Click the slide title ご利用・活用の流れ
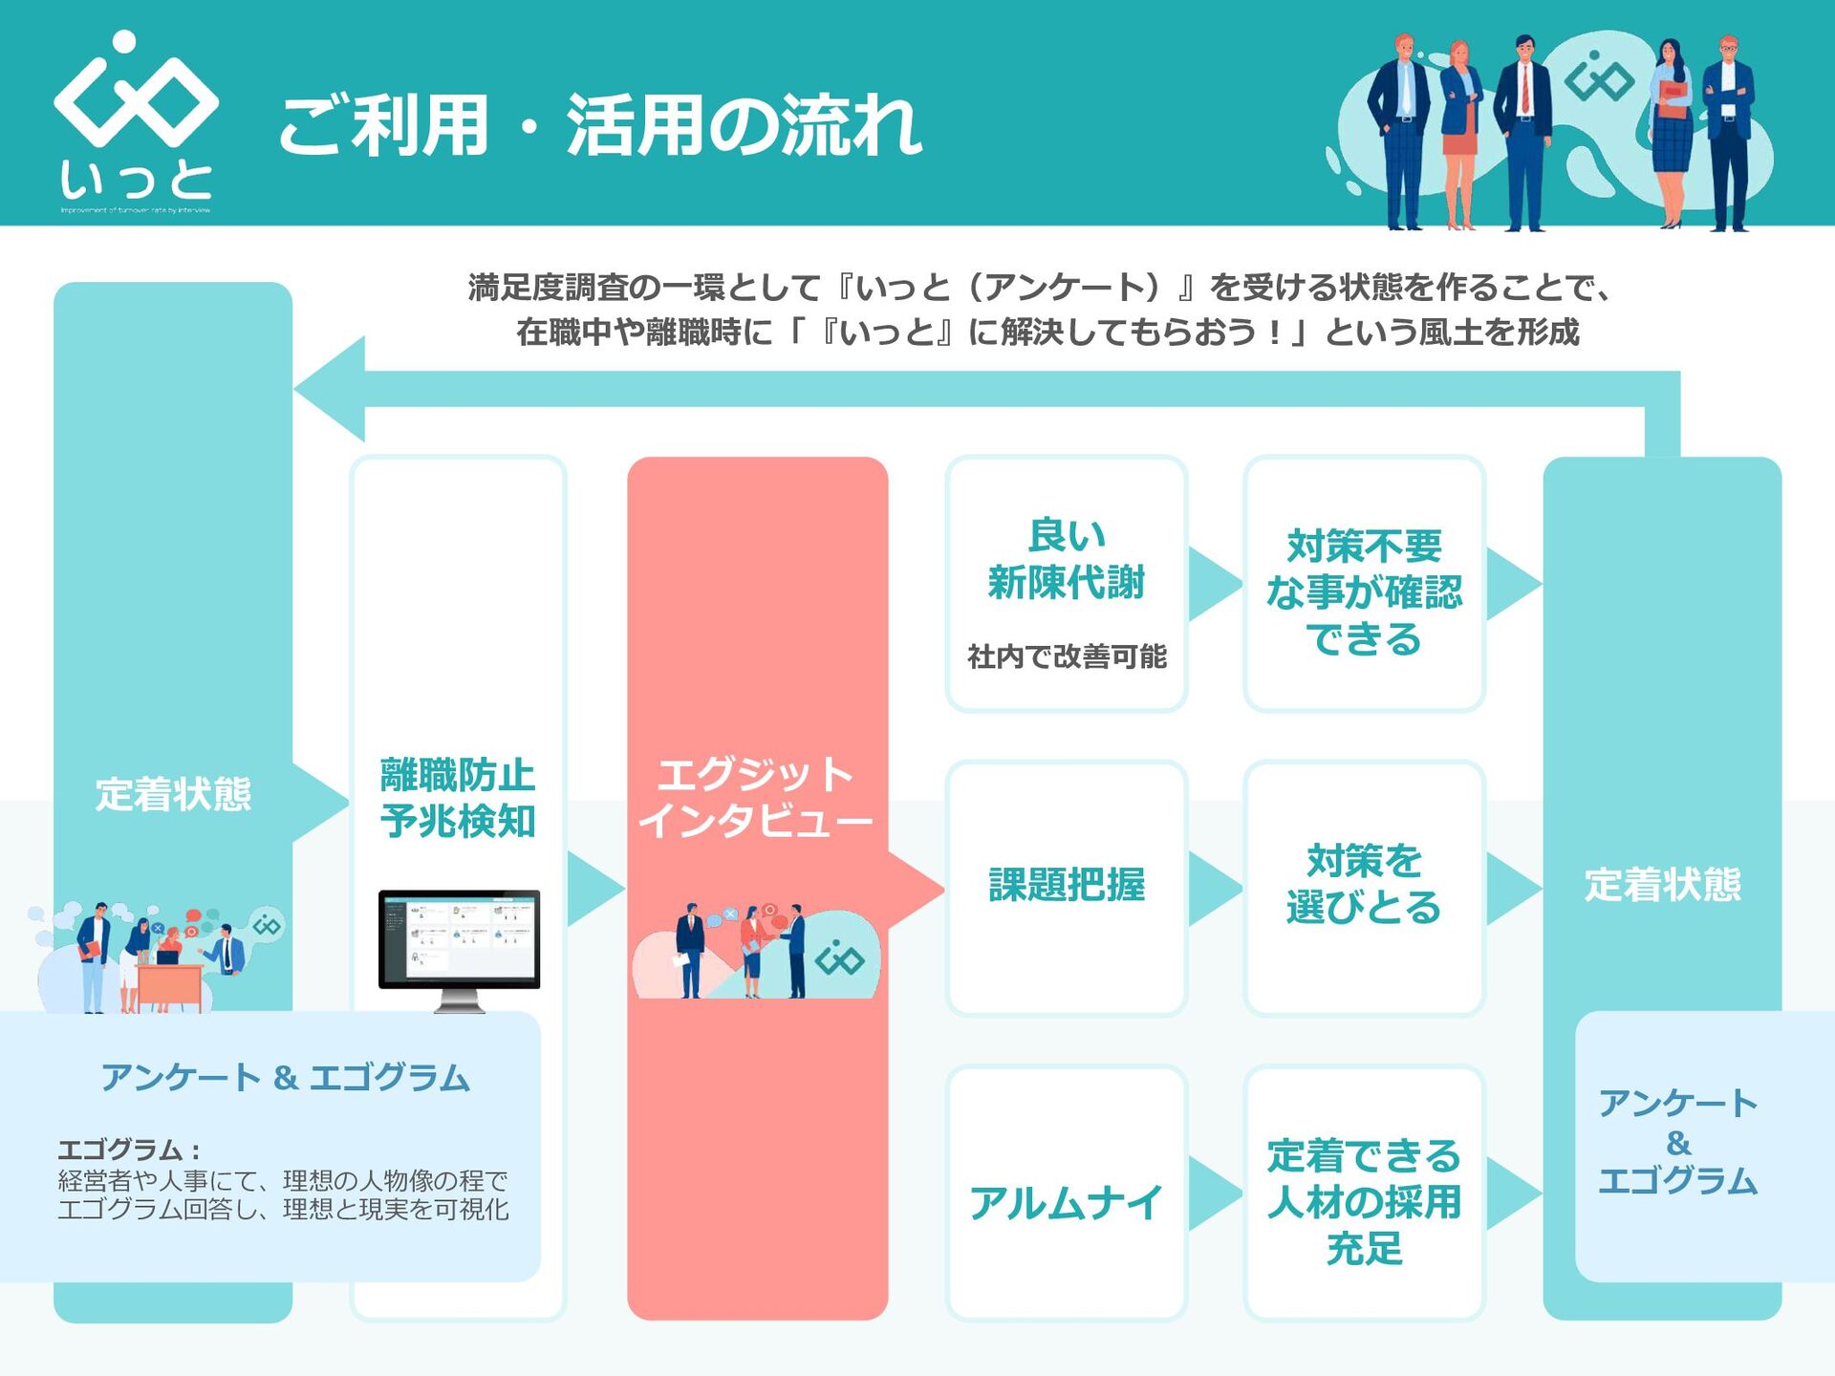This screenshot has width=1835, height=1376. point(600,126)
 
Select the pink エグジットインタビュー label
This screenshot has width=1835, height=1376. point(755,797)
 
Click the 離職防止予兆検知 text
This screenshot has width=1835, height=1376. point(458,797)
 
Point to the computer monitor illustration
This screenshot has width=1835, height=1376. point(459,948)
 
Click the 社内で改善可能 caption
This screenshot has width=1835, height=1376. point(1067,656)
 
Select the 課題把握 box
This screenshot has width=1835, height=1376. point(1066,886)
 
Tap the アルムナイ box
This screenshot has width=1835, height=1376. point(1066,1202)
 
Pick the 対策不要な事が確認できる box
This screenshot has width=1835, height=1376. point(1364,591)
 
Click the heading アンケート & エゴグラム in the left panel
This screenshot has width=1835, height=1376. point(285,1078)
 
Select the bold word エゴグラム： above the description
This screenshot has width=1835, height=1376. point(129,1150)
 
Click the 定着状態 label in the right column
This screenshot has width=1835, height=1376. point(1662,884)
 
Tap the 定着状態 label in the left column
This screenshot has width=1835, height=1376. point(173,794)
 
